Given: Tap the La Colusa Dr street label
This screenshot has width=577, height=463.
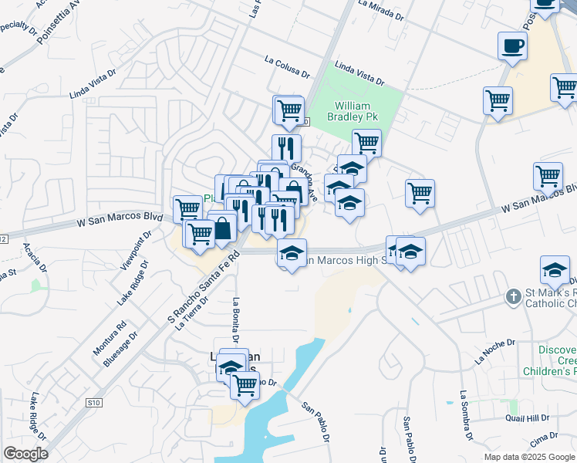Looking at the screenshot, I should pos(286,67).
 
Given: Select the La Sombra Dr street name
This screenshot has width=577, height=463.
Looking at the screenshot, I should pos(464,416).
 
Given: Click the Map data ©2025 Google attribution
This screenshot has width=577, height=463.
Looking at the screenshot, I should pos(529,457).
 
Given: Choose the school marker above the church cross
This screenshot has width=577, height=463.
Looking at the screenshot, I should pos(555,271).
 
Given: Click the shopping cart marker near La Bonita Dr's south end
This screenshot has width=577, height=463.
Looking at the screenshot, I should pos(245,384).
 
